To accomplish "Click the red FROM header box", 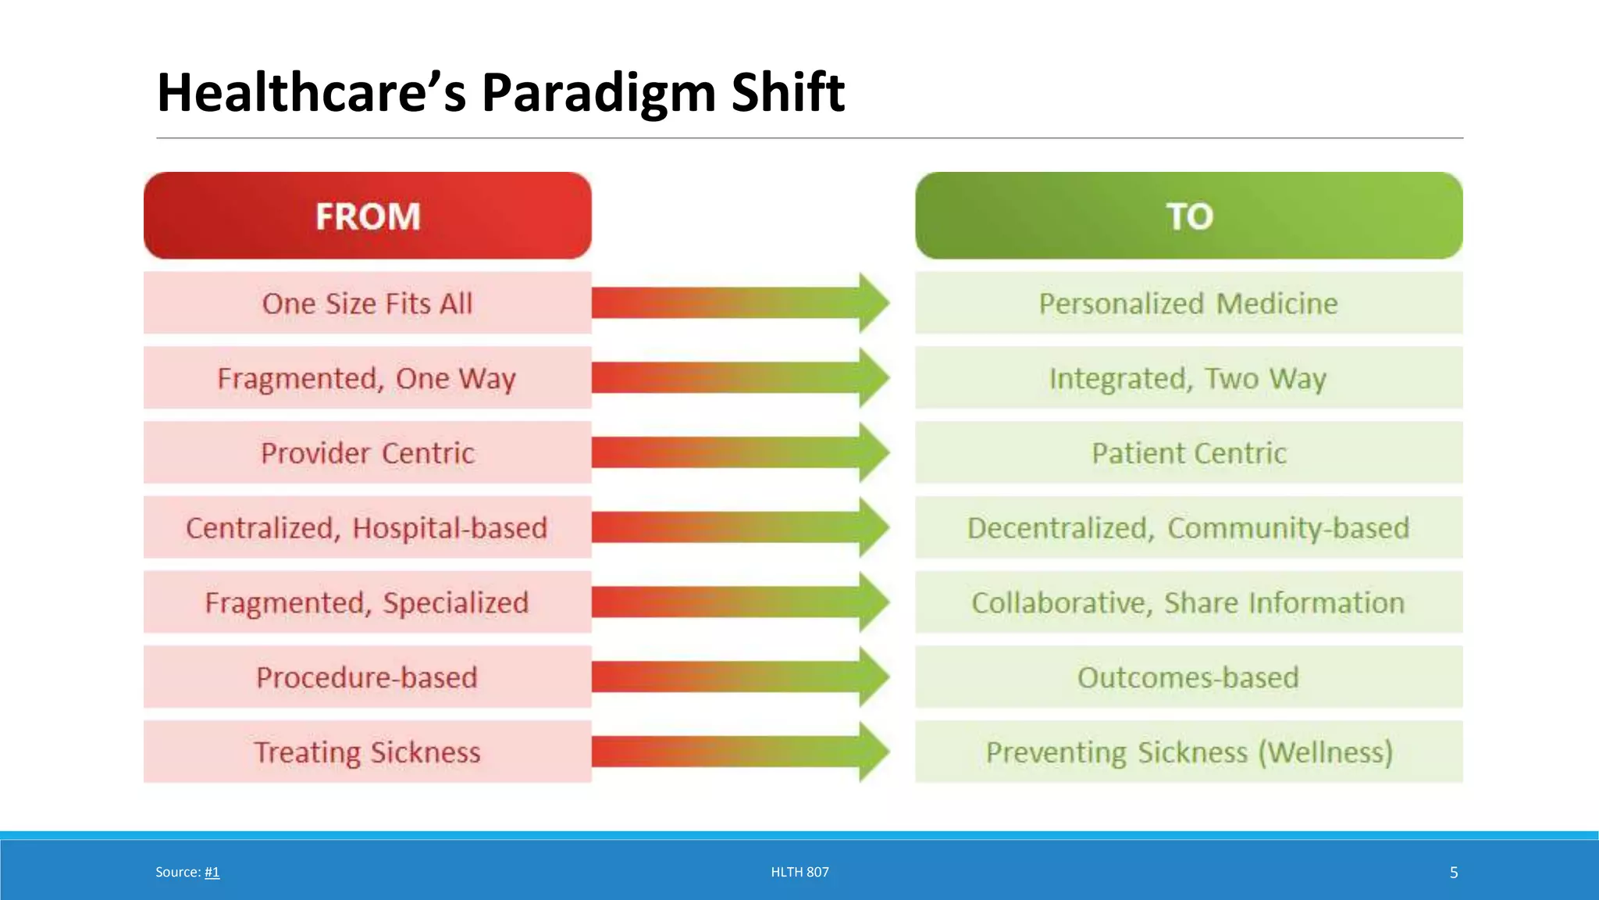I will point(367,216).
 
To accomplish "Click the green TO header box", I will point(1188,216).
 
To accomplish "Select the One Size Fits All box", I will point(367,303).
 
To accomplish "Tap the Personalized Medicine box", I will point(1188,303).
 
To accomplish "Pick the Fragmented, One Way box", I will point(367,378).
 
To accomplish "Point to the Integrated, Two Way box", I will point(1188,378).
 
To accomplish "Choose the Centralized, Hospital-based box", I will point(367,527).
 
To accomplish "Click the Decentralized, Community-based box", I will point(1188,527).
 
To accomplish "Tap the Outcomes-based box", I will point(1188,677).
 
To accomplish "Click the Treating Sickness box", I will point(367,752).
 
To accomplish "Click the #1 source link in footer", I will point(212,872).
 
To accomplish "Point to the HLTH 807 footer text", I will point(799,872).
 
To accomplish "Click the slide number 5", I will point(1453,873).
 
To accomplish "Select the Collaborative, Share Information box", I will point(1188,602).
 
